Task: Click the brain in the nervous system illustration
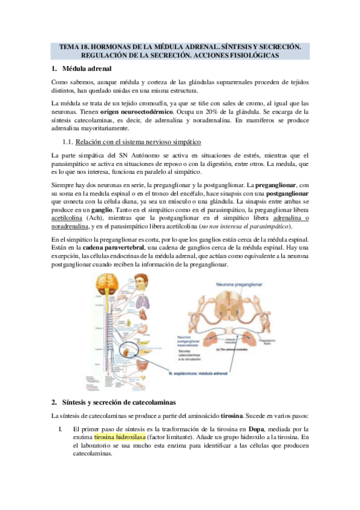click(x=103, y=283)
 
